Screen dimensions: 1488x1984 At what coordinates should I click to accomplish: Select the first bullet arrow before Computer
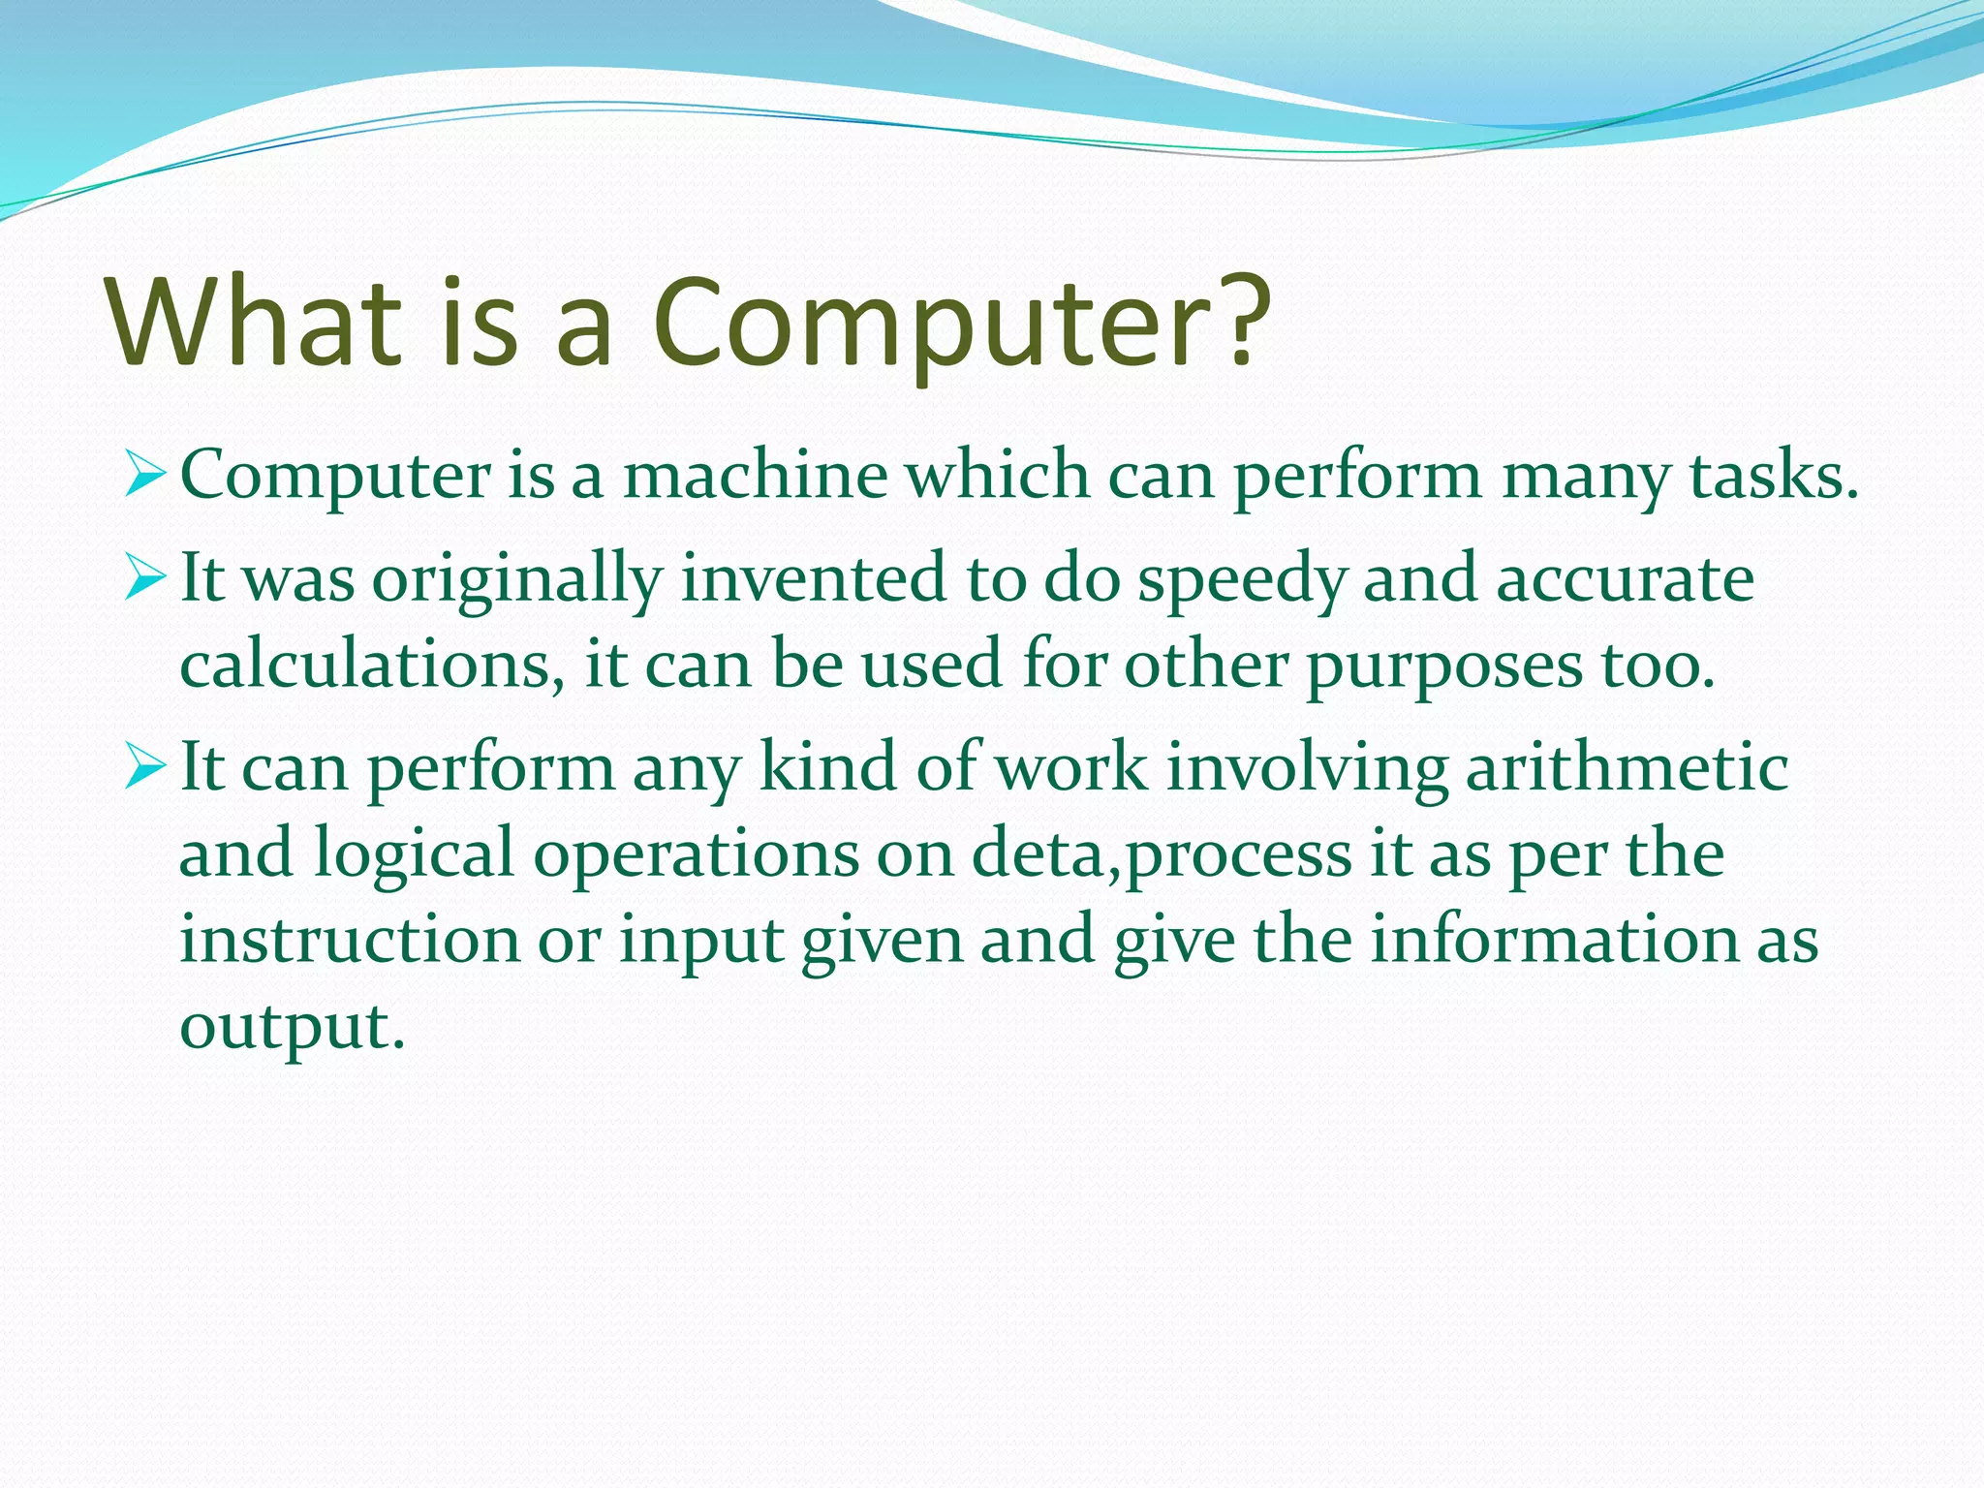[147, 478]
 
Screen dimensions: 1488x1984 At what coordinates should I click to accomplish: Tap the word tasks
[1771, 477]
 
